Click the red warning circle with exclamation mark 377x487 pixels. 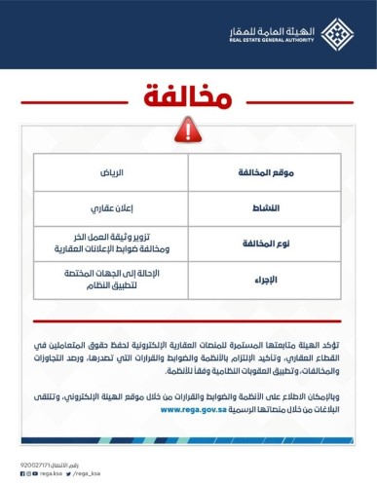(188, 133)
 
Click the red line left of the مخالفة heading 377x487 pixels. (68, 101)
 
